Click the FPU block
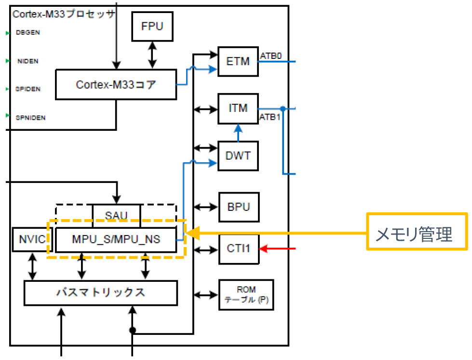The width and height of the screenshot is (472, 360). (x=152, y=26)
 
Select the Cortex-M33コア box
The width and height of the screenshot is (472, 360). (x=116, y=85)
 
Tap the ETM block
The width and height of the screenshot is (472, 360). (x=238, y=61)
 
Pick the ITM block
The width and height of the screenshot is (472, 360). (x=238, y=109)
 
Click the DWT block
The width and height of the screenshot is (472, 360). (x=238, y=156)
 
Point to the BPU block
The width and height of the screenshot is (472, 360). (x=238, y=208)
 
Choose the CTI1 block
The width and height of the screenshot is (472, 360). (x=238, y=249)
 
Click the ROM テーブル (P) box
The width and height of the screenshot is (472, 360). (x=246, y=295)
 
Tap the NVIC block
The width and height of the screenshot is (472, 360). (x=31, y=240)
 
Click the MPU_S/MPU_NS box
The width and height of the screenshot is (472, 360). (x=116, y=240)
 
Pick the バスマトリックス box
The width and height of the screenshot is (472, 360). (x=100, y=292)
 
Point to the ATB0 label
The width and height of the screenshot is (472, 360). (x=271, y=56)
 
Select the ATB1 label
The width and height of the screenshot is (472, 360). (x=270, y=117)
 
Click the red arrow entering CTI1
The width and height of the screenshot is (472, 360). (x=277, y=249)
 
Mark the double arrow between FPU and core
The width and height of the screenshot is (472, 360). (x=152, y=55)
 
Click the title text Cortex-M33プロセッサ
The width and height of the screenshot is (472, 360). (x=63, y=14)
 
